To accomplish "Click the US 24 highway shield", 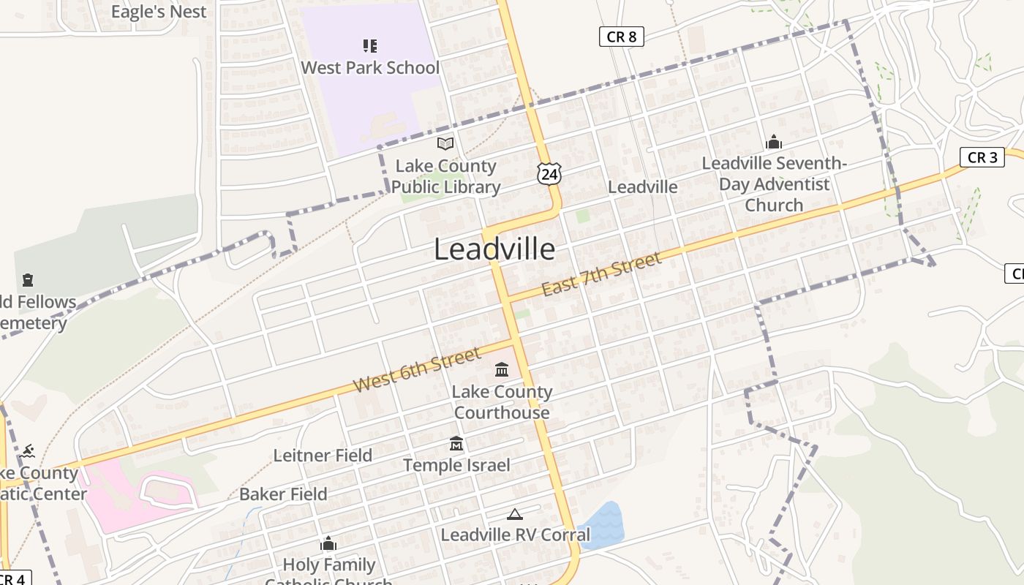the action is click(x=549, y=174).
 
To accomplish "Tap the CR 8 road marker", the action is click(x=621, y=37).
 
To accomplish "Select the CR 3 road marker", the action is click(x=982, y=157).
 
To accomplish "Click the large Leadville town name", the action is click(x=494, y=249).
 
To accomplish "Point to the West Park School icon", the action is click(x=370, y=46).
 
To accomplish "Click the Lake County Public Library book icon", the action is click(x=445, y=144).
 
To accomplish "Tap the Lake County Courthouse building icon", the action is click(x=502, y=369).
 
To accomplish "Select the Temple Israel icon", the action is click(x=456, y=443).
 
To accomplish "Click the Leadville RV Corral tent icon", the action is click(x=515, y=514).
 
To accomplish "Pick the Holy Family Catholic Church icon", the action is click(x=328, y=543).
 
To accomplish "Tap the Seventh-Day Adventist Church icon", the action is click(x=773, y=142).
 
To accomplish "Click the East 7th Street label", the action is click(x=601, y=274).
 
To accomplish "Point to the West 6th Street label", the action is click(x=417, y=370).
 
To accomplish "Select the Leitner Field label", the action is click(x=323, y=456).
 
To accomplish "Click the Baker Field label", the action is click(x=283, y=494).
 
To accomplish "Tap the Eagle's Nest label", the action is click(x=159, y=12).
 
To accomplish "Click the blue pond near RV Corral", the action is click(x=601, y=525).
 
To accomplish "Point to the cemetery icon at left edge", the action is click(x=28, y=279).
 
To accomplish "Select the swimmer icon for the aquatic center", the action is click(x=28, y=450).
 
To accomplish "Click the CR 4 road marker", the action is click(x=13, y=578).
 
